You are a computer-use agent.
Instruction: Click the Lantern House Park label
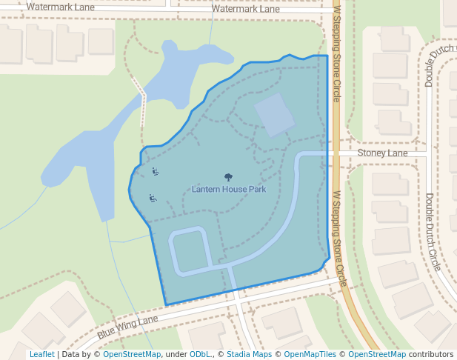tap(228, 189)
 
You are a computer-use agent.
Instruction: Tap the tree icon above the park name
tap(228, 176)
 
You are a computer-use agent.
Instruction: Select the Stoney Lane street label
tap(382, 153)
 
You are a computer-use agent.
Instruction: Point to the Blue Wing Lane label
tap(127, 327)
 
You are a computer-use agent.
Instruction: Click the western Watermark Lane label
tap(59, 7)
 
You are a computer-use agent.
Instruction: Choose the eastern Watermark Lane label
tap(245, 9)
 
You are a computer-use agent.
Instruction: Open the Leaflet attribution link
tap(41, 354)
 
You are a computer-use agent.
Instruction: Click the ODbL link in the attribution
tap(200, 354)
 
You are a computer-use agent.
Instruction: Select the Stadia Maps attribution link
tap(249, 354)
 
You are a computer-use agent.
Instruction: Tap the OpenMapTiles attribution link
tap(311, 354)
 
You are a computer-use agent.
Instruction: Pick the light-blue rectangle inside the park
tap(275, 115)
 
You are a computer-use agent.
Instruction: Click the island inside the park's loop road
tap(190, 249)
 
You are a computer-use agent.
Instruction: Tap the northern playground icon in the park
tap(156, 172)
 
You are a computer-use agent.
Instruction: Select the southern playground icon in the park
tap(151, 198)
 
